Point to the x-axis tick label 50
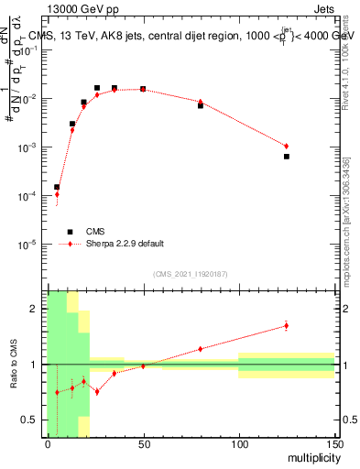[x=143, y=443]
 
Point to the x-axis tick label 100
[x=238, y=443]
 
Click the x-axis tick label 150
[x=333, y=443]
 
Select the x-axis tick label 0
[x=48, y=443]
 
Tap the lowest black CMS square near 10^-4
[x=57, y=187]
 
